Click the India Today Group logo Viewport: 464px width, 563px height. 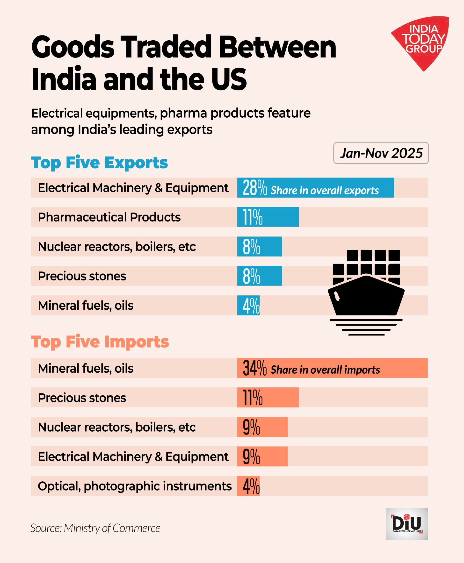click(x=421, y=40)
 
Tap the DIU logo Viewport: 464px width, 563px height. click(x=406, y=523)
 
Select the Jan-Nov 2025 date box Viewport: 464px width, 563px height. click(x=381, y=153)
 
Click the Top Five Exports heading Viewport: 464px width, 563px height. click(x=99, y=163)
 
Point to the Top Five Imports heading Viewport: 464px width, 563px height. click(x=100, y=342)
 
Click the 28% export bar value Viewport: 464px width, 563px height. click(x=254, y=188)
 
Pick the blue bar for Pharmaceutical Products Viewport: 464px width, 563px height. click(x=268, y=217)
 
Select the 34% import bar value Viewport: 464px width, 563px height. click(x=254, y=368)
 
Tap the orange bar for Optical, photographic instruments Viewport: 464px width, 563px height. click(x=248, y=486)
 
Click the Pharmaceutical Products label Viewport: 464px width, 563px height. click(x=109, y=217)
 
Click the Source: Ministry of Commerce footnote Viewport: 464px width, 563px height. click(x=95, y=528)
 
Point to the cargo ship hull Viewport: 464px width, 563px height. click(x=366, y=296)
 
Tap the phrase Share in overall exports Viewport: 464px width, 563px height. click(x=325, y=190)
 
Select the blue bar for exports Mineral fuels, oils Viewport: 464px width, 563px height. click(x=248, y=305)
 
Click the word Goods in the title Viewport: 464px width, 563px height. click(x=73, y=47)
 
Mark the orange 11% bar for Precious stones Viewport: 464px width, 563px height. click(x=268, y=397)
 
